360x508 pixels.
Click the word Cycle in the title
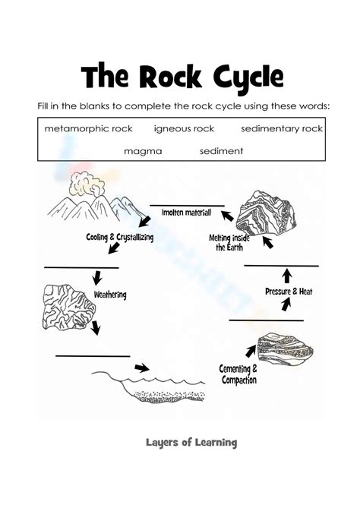pos(240,77)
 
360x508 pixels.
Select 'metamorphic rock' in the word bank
pos(88,129)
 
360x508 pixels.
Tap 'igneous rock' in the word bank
pos(184,129)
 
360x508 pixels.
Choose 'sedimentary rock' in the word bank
pos(282,129)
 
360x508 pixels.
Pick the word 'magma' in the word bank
pos(143,151)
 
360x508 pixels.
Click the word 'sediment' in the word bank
pos(221,151)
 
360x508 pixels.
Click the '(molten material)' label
pos(187,214)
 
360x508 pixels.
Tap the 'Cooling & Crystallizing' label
pos(120,237)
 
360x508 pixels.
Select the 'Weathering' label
pos(110,295)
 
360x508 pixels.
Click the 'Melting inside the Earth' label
pos(230,242)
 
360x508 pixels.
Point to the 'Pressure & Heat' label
pos(289,292)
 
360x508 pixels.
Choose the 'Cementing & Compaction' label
pos(238,374)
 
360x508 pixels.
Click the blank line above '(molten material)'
pos(187,206)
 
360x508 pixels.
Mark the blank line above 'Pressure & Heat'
pos(281,266)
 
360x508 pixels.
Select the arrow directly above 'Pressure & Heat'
pos(286,275)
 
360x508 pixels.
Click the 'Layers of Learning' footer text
pos(191,442)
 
